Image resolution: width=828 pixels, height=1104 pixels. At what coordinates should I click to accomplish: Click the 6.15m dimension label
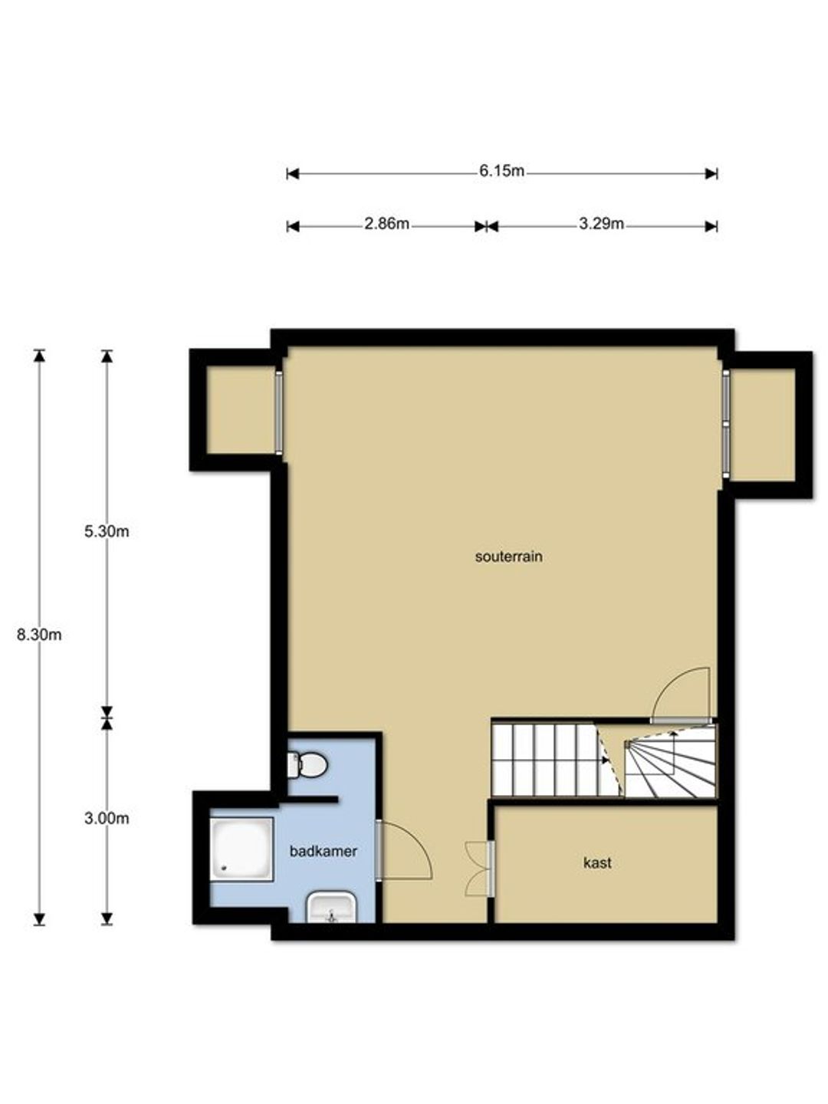click(x=501, y=172)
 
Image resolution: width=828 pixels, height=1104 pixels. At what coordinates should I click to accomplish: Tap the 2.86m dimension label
click(x=386, y=224)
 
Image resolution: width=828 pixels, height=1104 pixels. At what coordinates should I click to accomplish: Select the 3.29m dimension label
click(x=601, y=224)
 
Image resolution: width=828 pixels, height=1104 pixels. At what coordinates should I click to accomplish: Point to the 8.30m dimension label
click(x=39, y=635)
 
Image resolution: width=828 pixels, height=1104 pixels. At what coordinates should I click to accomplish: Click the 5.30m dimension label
click(x=107, y=531)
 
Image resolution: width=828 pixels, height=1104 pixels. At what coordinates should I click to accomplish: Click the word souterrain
click(x=509, y=557)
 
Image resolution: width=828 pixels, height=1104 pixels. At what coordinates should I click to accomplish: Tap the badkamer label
click(x=324, y=851)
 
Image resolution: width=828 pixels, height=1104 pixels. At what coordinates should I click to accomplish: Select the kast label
click(x=597, y=863)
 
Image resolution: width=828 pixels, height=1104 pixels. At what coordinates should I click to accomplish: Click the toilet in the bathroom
click(x=307, y=765)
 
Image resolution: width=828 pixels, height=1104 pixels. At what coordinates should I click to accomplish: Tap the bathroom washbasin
click(x=331, y=908)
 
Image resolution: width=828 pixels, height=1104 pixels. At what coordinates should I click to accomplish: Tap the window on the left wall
click(x=279, y=413)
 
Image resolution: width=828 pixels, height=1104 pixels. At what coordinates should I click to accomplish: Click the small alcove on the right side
click(x=763, y=425)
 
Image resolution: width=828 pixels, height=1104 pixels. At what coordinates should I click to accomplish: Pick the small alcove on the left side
click(x=241, y=410)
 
